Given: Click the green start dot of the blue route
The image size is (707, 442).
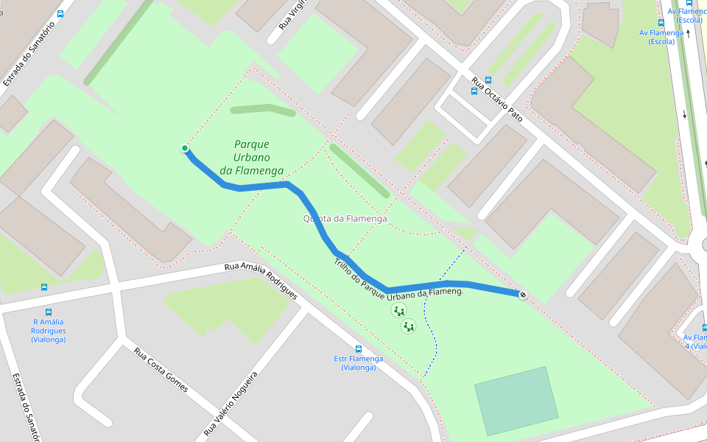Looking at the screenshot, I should tap(185, 148).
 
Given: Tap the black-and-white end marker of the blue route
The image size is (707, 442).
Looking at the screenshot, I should tap(523, 295).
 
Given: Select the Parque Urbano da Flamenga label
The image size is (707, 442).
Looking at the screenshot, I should tap(251, 158).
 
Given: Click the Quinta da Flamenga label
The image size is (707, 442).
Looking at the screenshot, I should tap(345, 219).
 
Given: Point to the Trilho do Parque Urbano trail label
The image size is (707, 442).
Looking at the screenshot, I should tap(398, 280).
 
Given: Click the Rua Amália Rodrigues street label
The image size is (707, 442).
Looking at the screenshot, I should tap(261, 281).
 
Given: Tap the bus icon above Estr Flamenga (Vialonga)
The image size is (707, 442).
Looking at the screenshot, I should tap(359, 348).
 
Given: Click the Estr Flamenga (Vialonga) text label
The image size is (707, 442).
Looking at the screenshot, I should tap(359, 363).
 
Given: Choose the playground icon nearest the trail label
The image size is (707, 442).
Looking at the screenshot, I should tap(399, 310).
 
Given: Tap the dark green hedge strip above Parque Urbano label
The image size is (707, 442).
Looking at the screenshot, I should tap(262, 110).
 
